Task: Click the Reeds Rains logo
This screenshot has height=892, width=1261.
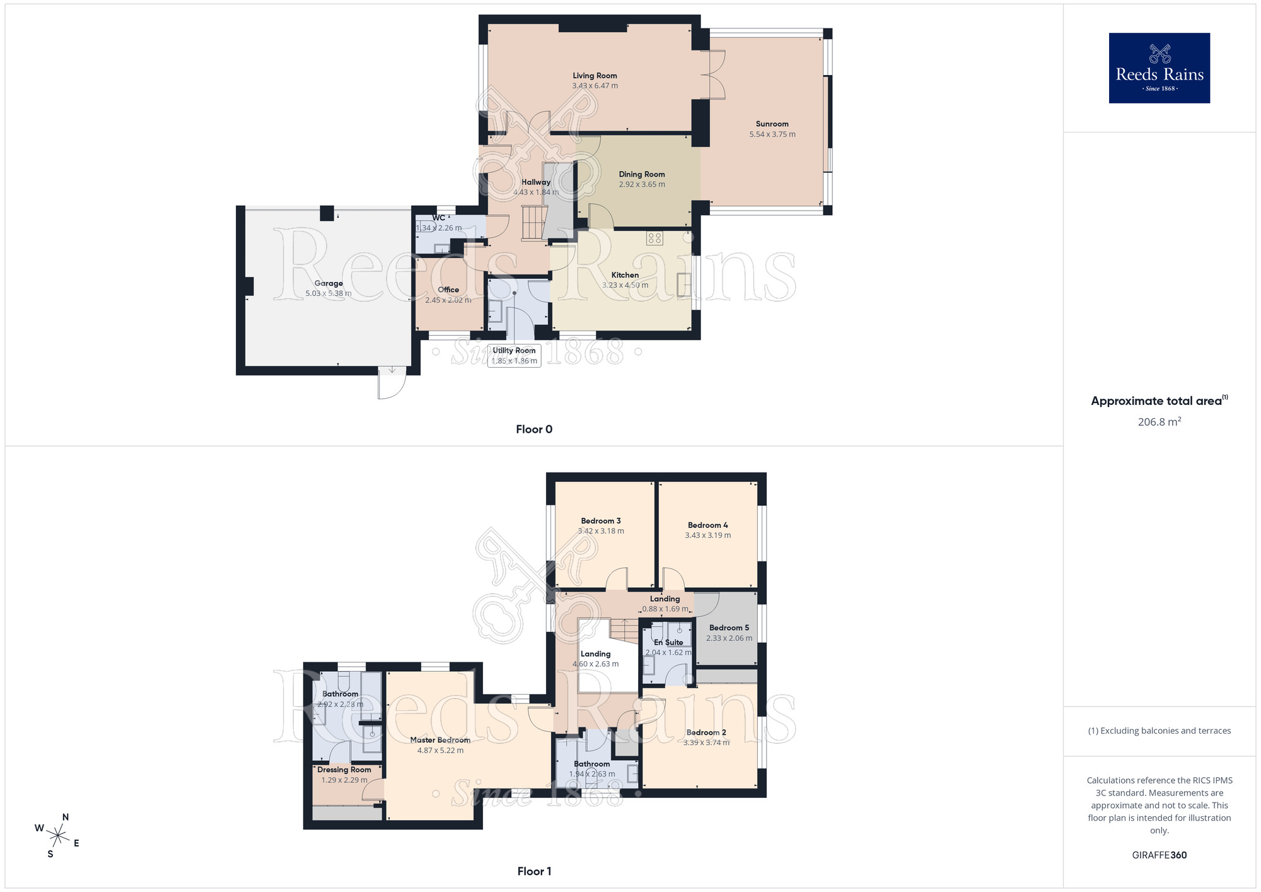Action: tap(1159, 68)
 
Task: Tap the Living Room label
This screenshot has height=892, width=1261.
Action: tap(595, 76)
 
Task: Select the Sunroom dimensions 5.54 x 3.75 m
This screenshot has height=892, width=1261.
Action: tap(772, 134)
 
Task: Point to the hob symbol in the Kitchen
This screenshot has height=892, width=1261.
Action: tap(654, 238)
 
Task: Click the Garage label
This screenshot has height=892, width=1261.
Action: tap(328, 283)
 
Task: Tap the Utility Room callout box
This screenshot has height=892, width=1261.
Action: tap(514, 356)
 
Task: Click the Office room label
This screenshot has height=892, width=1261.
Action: tap(448, 290)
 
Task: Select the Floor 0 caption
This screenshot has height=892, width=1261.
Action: tap(533, 429)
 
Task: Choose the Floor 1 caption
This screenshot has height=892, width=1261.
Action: tap(533, 871)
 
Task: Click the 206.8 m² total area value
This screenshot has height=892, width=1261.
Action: tap(1159, 422)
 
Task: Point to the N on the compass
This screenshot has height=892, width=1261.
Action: tap(65, 817)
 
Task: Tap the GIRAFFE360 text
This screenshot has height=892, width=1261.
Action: tap(1159, 855)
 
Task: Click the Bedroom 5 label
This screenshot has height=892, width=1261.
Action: tap(729, 628)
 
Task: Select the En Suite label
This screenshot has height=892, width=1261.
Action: tap(668, 642)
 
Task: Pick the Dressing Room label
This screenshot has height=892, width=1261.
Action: tap(344, 770)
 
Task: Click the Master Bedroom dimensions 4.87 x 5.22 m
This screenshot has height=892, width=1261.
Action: tap(440, 751)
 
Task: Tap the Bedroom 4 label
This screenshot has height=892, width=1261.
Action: tap(707, 525)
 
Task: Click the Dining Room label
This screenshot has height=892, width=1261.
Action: tap(641, 174)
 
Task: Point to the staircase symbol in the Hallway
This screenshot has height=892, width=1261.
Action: tap(533, 223)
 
